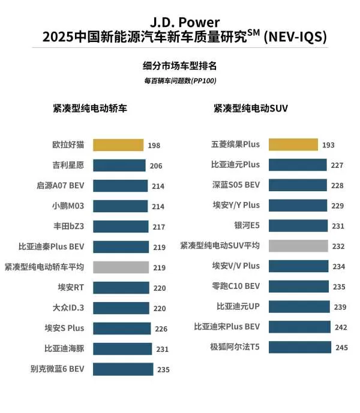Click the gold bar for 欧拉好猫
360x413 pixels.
click(x=118, y=145)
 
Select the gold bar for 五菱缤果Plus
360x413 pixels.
click(x=293, y=144)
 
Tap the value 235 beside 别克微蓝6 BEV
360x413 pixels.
click(x=164, y=370)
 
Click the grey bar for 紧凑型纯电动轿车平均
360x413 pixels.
click(x=121, y=267)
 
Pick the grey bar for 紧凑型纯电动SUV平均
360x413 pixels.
click(x=298, y=246)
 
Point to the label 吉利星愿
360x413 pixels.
click(x=68, y=165)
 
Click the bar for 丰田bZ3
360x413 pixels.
click(x=121, y=227)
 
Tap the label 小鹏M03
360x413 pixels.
click(x=68, y=206)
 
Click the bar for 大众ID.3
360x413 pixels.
click(x=121, y=308)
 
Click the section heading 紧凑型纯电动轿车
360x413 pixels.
click(x=90, y=108)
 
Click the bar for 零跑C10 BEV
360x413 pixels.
click(x=299, y=286)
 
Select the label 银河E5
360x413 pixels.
click(x=247, y=225)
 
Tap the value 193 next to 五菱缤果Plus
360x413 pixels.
click(x=328, y=145)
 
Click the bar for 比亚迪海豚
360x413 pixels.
click(x=122, y=349)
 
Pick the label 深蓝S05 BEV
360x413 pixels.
click(x=236, y=185)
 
